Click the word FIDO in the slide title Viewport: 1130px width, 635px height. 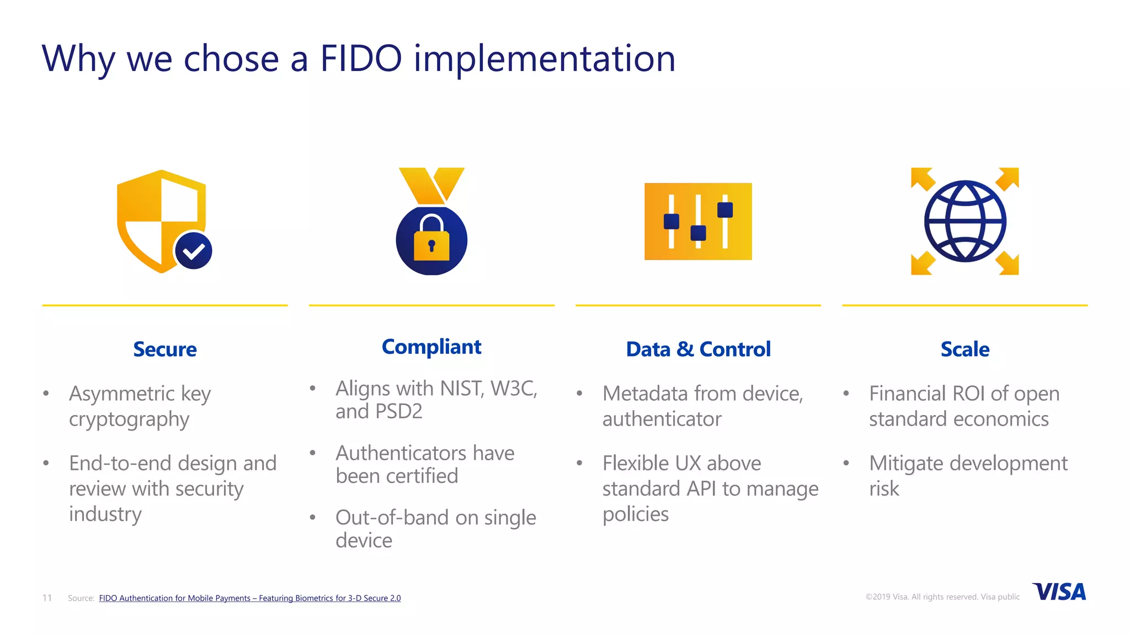(x=361, y=58)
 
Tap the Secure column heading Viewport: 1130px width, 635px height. (x=164, y=349)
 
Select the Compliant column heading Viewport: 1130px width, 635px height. (x=431, y=347)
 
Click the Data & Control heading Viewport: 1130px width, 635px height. (x=698, y=349)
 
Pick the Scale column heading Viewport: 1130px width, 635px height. (x=964, y=349)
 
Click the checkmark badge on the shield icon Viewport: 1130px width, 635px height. (x=194, y=251)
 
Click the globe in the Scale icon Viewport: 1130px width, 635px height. (x=965, y=221)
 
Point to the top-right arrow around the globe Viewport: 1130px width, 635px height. (x=1008, y=178)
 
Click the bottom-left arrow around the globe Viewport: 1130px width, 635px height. (x=921, y=263)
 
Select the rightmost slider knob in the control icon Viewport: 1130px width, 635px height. (x=725, y=210)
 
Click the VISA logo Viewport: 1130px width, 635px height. (x=1059, y=592)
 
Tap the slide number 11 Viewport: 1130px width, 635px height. (x=47, y=598)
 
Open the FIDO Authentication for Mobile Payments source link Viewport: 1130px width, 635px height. (x=249, y=598)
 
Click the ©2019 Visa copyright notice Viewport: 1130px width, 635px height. (x=942, y=597)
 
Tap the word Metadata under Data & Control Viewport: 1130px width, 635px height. (x=645, y=394)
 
